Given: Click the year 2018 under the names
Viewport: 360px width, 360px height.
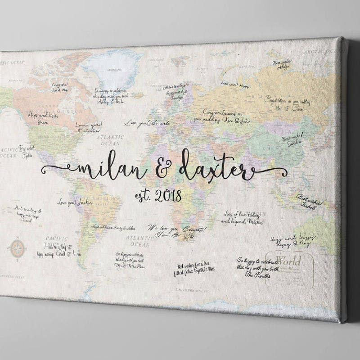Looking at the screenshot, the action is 168,196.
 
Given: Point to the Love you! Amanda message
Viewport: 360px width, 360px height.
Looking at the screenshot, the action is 147,123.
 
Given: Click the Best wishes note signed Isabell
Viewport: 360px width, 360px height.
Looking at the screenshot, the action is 307,200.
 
